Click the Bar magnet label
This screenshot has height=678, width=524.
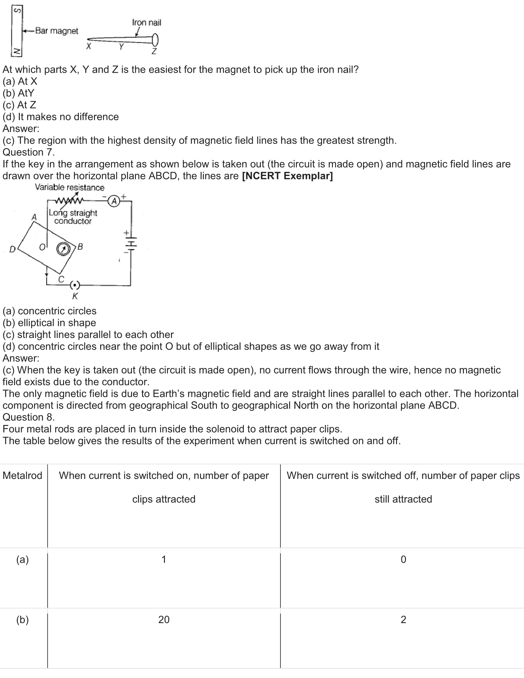pyautogui.click(x=56, y=31)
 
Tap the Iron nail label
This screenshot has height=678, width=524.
pyautogui.click(x=146, y=22)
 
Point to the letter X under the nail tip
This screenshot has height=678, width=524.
pyautogui.click(x=89, y=47)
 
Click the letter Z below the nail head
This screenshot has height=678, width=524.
pyautogui.click(x=154, y=51)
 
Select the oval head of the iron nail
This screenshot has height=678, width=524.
pyautogui.click(x=155, y=39)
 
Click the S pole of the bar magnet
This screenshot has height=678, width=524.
pyautogui.click(x=18, y=11)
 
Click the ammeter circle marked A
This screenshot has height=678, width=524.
pyautogui.click(x=114, y=201)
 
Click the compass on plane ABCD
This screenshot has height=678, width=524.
pyautogui.click(x=63, y=249)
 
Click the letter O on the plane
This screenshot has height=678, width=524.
pyautogui.click(x=42, y=247)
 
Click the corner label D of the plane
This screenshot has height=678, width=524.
pyautogui.click(x=12, y=249)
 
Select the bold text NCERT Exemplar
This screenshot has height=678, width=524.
pyautogui.click(x=287, y=176)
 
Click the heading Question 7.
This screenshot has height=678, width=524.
pyautogui.click(x=29, y=152)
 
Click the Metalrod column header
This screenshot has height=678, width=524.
pyautogui.click(x=23, y=476)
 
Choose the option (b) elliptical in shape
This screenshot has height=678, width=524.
pyautogui.click(x=49, y=323)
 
